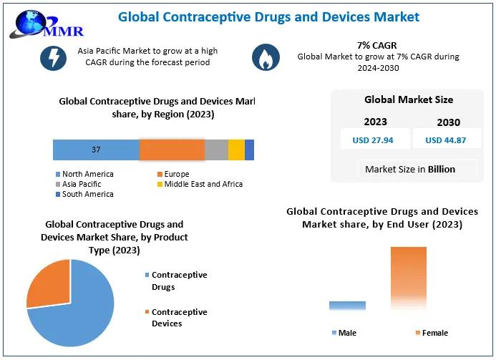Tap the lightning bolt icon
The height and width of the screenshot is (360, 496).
coord(53,57)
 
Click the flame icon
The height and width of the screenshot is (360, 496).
coord(267,58)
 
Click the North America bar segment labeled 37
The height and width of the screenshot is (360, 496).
coord(96,150)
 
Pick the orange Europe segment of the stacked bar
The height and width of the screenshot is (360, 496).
coord(172,150)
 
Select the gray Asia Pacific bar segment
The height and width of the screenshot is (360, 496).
coord(216,150)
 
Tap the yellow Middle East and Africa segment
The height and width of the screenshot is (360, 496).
coord(236,150)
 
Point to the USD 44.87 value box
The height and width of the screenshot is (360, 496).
coord(445,140)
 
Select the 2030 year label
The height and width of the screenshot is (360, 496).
coord(448,122)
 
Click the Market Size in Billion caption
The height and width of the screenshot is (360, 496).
coord(409,170)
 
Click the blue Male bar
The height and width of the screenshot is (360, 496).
coord(347,305)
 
